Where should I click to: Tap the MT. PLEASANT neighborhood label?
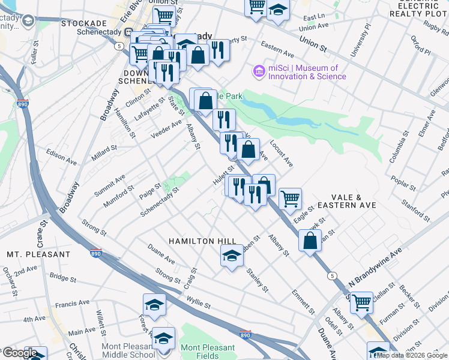pyautogui.click(x=38, y=254)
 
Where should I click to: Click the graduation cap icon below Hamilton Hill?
pyautogui.click(x=232, y=257)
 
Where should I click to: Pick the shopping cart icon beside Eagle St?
pyautogui.click(x=290, y=199)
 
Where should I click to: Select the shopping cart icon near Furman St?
pyautogui.click(x=361, y=302)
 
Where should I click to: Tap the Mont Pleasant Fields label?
pyautogui.click(x=208, y=352)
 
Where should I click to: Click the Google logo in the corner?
pyautogui.click(x=19, y=353)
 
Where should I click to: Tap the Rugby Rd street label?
pyautogui.click(x=430, y=26)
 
